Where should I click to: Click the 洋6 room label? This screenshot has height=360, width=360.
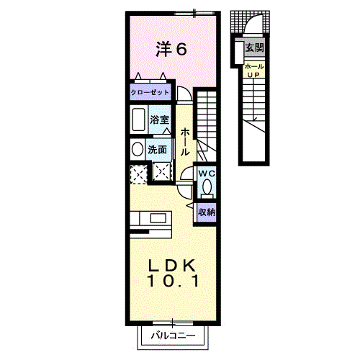(171, 49)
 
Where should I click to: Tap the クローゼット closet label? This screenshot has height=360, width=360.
(150, 92)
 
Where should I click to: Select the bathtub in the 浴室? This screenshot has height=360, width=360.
(138, 120)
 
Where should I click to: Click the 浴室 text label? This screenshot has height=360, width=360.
(159, 120)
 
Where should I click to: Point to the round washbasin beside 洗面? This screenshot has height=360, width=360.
(138, 149)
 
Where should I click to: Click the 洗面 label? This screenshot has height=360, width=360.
(157, 150)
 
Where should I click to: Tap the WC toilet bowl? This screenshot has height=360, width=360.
(207, 186)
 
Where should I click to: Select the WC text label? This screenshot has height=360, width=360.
(207, 174)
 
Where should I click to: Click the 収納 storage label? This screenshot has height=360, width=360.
(207, 212)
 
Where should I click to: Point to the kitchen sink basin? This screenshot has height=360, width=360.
(158, 218)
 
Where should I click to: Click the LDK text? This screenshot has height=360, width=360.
(171, 266)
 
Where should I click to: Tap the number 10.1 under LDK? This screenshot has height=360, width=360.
(174, 282)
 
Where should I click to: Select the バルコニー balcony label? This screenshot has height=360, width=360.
(173, 336)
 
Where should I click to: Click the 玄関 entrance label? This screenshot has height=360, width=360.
(254, 48)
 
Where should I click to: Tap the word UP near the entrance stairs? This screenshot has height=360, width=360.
(253, 75)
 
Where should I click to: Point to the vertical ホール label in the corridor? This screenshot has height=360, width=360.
(185, 141)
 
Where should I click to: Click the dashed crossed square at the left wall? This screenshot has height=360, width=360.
(139, 174)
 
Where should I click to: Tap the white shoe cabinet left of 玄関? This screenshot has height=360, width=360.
(239, 53)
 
